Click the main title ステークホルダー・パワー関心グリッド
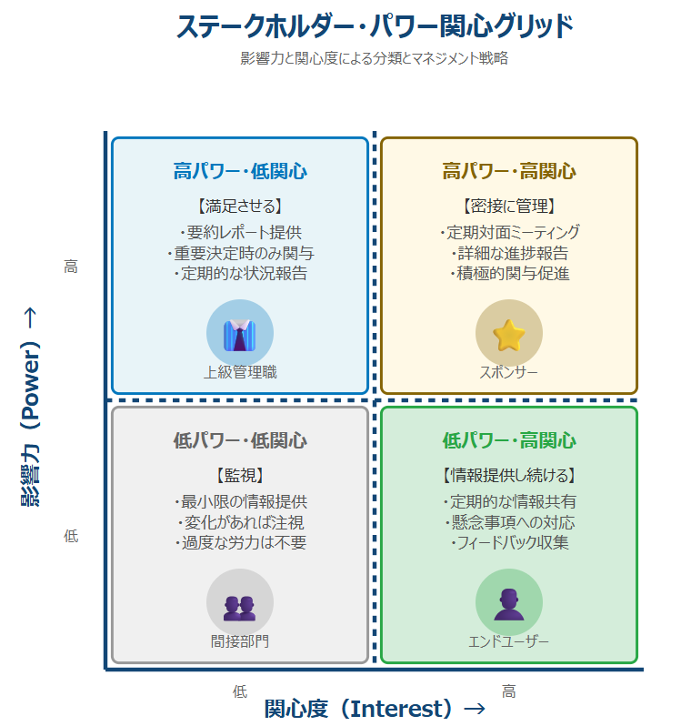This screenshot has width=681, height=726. (375, 26)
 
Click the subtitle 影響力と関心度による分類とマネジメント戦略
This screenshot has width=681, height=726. (374, 58)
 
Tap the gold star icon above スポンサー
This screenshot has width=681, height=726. (509, 334)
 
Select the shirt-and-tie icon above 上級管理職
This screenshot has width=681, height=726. (240, 334)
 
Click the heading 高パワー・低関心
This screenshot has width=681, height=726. (240, 171)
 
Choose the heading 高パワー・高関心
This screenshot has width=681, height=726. (509, 171)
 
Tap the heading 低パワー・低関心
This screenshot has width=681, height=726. (240, 441)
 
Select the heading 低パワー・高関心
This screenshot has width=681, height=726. (509, 441)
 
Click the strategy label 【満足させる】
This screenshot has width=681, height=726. (240, 206)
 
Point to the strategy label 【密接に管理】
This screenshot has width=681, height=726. (509, 206)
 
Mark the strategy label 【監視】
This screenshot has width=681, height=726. (240, 475)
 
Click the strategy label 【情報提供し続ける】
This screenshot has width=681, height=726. (509, 475)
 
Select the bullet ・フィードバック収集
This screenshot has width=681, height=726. (509, 543)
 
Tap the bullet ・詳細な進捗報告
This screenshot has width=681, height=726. (509, 253)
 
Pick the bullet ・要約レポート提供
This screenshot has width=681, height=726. (240, 232)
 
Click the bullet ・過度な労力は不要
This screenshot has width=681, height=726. (240, 543)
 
